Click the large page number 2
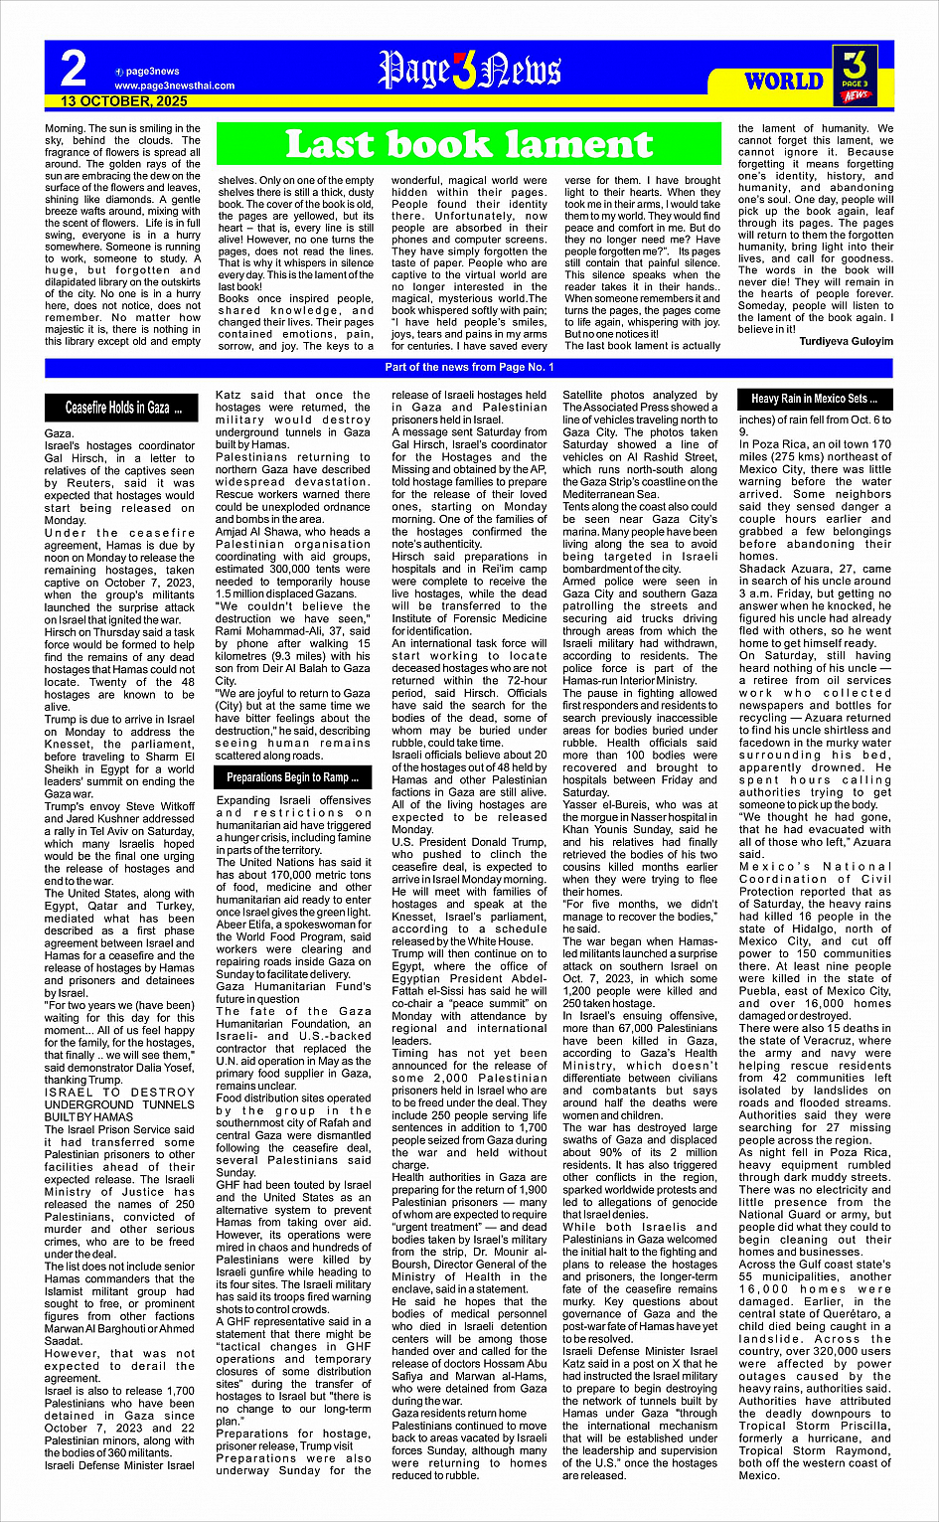tap(74, 70)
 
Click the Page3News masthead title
tap(469, 71)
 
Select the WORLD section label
tap(784, 81)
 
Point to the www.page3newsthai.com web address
tap(174, 85)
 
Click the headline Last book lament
tap(468, 145)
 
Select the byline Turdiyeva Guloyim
tap(846, 341)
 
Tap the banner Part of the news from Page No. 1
tap(469, 368)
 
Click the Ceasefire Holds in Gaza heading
tap(123, 408)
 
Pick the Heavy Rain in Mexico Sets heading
tap(814, 399)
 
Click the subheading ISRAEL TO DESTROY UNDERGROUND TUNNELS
tap(119, 1103)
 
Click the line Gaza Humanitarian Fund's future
tap(293, 993)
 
